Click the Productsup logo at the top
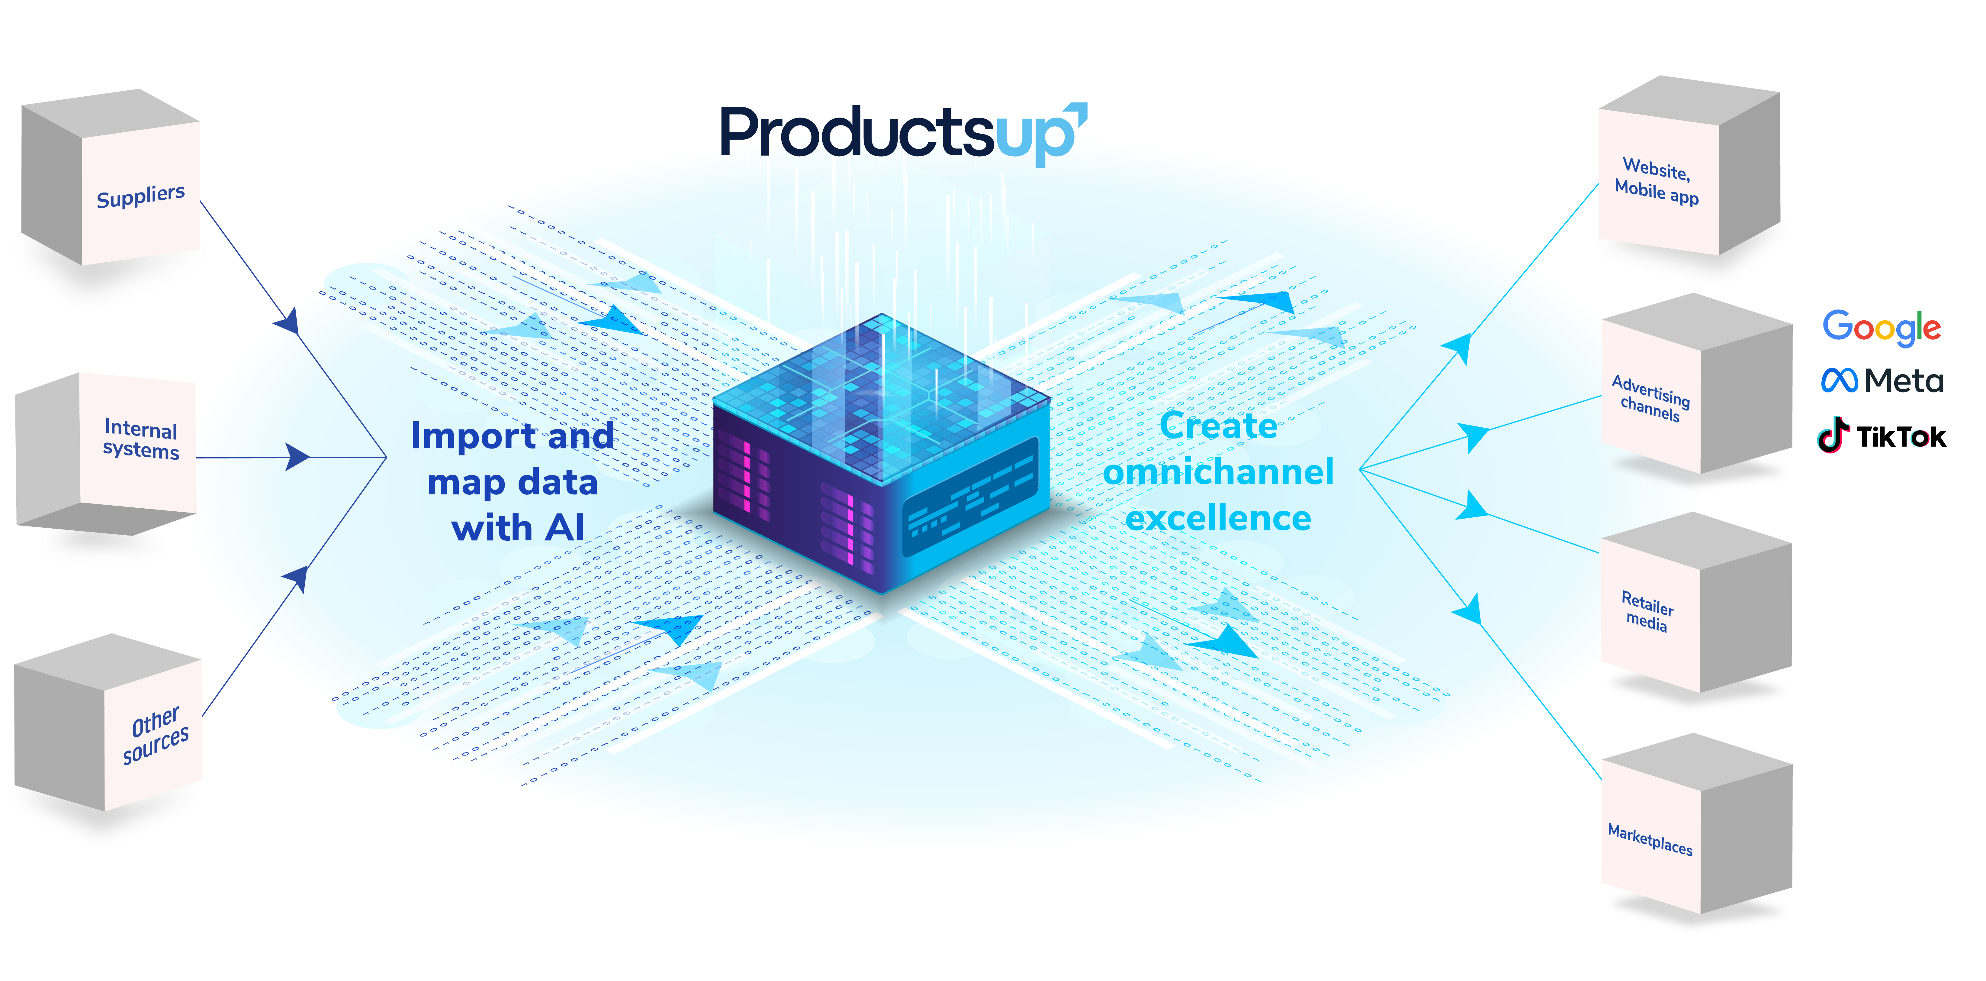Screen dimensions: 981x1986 (902, 133)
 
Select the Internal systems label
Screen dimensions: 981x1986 (141, 439)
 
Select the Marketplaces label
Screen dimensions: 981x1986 (1650, 839)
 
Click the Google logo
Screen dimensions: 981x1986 (1881, 327)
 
